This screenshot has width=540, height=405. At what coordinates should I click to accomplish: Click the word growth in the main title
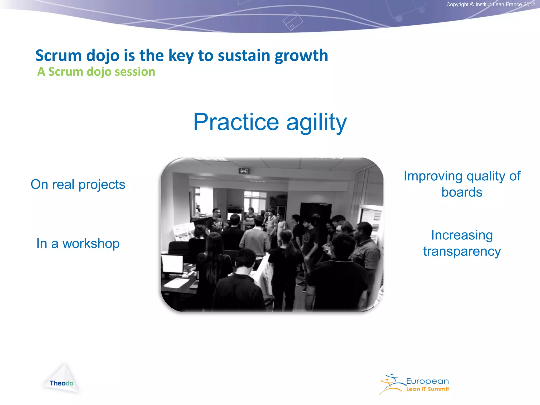point(301,56)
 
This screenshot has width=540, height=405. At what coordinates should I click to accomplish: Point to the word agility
point(316,122)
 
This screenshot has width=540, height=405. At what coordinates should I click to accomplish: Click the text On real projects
point(78,184)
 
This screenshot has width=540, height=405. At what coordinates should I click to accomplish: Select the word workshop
point(91,244)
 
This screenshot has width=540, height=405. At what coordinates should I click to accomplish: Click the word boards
point(462,192)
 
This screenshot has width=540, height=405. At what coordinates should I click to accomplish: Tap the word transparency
point(462,251)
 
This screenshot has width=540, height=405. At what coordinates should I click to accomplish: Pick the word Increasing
point(462,235)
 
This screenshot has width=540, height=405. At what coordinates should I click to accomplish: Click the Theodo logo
point(62,383)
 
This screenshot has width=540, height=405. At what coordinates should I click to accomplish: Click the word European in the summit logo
point(427,381)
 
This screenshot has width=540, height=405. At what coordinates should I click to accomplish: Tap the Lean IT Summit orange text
point(427,389)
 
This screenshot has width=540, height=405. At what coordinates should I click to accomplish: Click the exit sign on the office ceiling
point(244,171)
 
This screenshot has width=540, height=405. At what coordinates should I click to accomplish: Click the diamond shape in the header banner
point(293,21)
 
